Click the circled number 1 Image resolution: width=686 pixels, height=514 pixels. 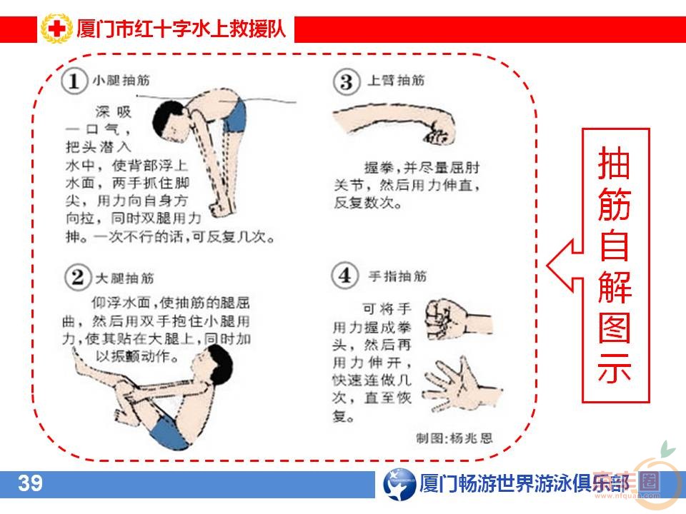tap(74, 81)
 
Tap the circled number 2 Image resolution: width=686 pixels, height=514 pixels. tap(76, 277)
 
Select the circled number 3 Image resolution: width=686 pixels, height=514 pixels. tap(346, 81)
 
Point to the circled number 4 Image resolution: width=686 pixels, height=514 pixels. tap(346, 275)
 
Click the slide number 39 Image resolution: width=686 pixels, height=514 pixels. tap(31, 483)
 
